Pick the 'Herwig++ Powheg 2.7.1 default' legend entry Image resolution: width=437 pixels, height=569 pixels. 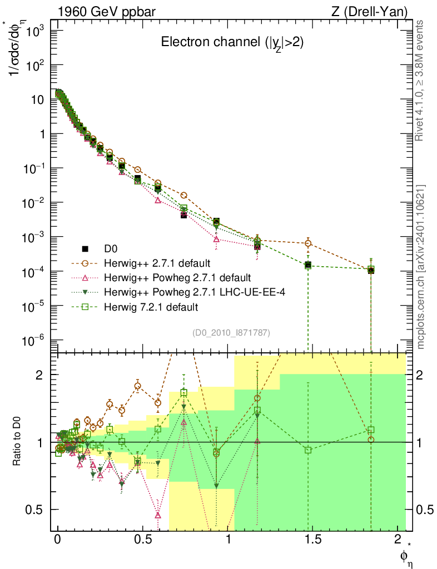point(177,277)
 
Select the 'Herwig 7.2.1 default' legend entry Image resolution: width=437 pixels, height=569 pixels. point(151,306)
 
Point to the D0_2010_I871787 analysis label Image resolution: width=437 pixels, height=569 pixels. point(231,333)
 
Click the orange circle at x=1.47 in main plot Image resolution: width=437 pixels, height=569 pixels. point(308,243)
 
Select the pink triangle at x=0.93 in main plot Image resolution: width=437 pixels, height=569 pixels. point(216,239)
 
